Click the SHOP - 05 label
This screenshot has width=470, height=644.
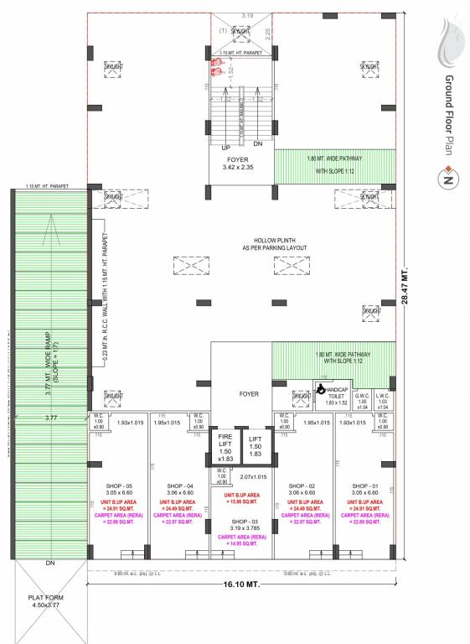coord(118,486)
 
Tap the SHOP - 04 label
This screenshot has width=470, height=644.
coord(179,486)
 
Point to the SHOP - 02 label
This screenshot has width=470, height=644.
coord(301,486)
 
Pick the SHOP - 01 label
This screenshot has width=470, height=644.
coord(365,486)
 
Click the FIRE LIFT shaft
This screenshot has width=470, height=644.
coord(225,447)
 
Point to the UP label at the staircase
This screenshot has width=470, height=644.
coord(224,145)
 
